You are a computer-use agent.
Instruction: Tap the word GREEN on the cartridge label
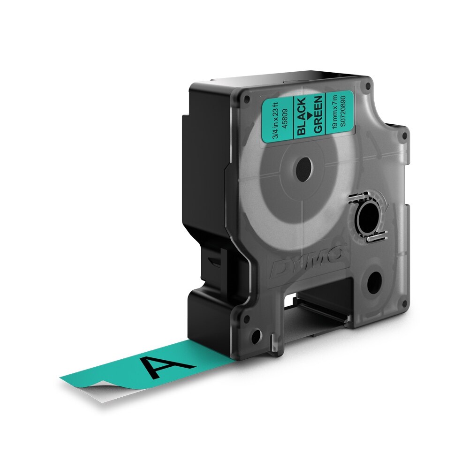point(318,114)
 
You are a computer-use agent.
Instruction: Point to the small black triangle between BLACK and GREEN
point(309,115)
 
